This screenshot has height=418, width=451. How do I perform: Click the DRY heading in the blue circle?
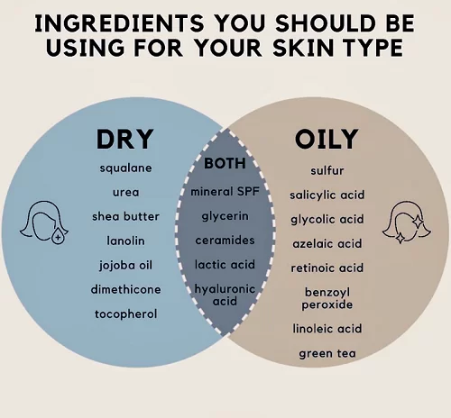[x=124, y=139]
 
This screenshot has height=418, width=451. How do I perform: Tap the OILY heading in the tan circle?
[x=327, y=139]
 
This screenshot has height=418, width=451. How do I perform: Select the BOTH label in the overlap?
[x=225, y=163]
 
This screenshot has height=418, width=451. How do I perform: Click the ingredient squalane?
[x=125, y=168]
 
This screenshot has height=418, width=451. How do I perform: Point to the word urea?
[x=126, y=192]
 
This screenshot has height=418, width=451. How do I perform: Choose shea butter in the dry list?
[x=125, y=216]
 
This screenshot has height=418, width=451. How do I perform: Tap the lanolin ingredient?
[x=125, y=241]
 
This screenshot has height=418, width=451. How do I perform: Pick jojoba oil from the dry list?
[x=125, y=266]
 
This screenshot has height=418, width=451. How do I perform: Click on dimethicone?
[x=125, y=289]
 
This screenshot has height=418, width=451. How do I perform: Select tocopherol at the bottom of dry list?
[x=125, y=314]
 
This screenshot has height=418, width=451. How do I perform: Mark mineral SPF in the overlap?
[x=225, y=192]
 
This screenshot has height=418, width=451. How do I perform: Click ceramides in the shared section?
[x=225, y=241]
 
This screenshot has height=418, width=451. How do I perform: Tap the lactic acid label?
[x=225, y=265]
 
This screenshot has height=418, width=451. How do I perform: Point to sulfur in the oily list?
[x=327, y=170]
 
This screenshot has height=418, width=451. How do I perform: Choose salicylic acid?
[x=327, y=195]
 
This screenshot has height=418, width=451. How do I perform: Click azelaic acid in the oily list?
[x=327, y=243]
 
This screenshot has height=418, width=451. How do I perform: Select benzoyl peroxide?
[x=327, y=298]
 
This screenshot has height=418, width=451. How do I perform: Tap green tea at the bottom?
[x=327, y=353]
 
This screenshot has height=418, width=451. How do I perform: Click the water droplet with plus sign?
[x=58, y=236]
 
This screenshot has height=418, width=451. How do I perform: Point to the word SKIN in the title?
[x=304, y=48]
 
